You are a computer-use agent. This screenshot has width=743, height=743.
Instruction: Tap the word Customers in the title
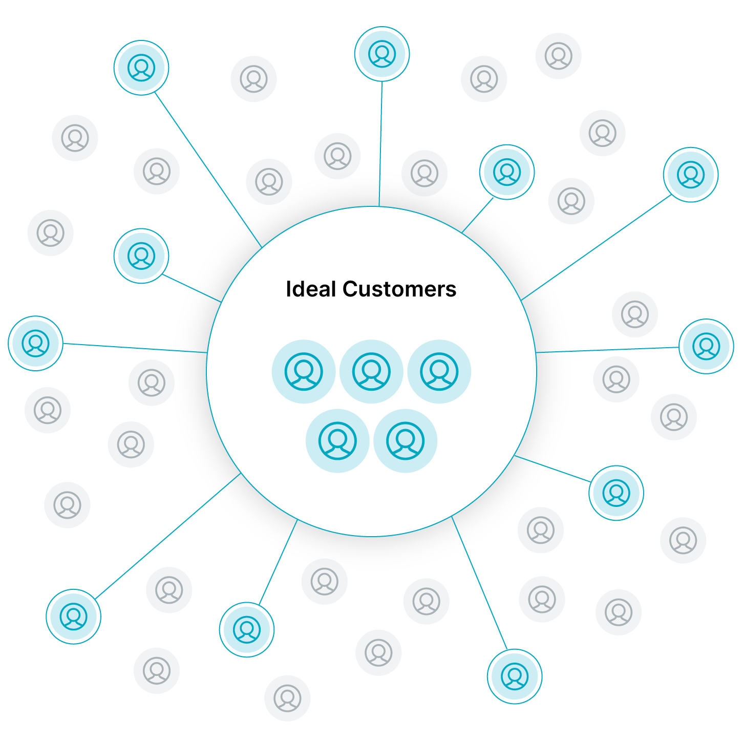[399, 289]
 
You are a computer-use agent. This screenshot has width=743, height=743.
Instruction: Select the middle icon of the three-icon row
[371, 371]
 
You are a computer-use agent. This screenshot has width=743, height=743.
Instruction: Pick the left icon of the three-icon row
[304, 371]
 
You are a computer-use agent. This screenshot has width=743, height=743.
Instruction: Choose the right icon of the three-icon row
[439, 371]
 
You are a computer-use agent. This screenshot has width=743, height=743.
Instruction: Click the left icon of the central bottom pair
[337, 440]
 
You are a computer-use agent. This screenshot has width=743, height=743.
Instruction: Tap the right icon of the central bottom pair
[405, 440]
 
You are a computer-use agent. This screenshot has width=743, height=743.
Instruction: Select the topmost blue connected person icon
[382, 54]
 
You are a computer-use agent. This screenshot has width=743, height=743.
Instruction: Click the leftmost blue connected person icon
[36, 343]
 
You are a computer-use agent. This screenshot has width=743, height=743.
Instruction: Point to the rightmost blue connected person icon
[706, 346]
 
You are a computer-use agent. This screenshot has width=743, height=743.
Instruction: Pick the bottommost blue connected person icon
[515, 676]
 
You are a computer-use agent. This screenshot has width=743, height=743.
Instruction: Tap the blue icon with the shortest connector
[507, 172]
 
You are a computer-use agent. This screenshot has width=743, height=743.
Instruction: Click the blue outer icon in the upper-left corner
[141, 68]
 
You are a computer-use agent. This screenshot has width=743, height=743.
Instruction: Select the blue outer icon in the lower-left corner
[74, 617]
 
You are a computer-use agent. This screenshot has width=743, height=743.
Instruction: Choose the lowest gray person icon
[287, 698]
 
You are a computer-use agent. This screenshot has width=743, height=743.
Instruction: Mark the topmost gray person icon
[559, 56]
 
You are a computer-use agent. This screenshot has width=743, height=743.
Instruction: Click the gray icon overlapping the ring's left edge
[152, 383]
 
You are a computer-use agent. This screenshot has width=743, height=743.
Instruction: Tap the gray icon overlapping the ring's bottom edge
[324, 581]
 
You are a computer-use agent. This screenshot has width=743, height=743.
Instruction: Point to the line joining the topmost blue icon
[380, 143]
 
